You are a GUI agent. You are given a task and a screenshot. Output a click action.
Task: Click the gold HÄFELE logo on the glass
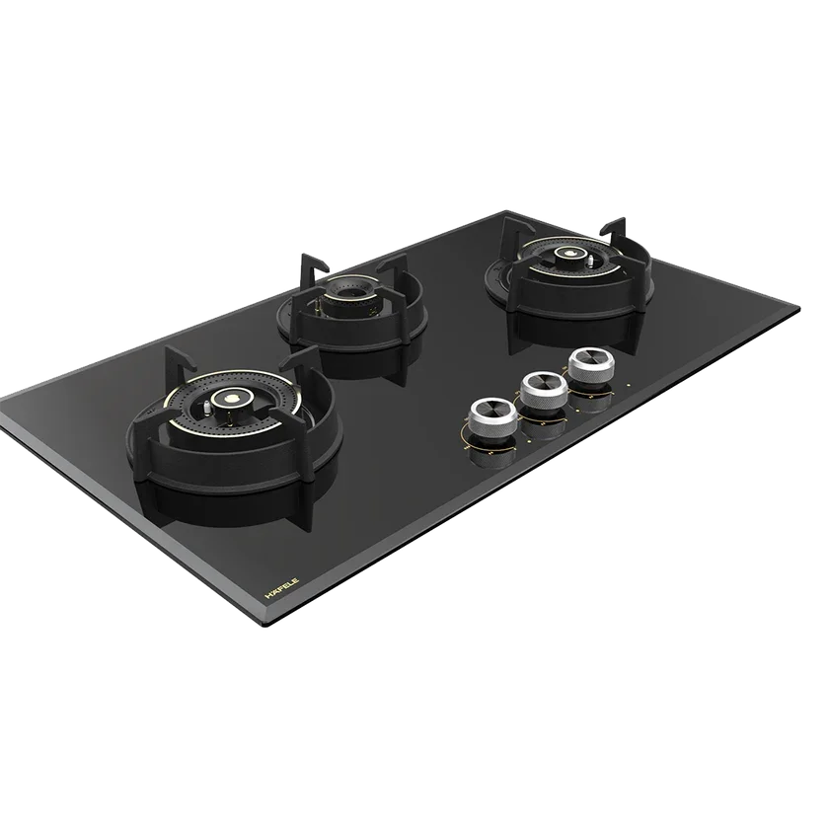282,588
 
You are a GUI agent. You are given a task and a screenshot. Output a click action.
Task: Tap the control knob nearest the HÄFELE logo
492,417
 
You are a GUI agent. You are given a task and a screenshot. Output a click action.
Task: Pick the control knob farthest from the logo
592,366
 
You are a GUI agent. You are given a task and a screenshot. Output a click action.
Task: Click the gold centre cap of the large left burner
231,397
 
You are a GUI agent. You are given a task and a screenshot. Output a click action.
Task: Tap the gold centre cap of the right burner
569,253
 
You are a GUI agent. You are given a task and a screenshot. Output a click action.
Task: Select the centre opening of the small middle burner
349,292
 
